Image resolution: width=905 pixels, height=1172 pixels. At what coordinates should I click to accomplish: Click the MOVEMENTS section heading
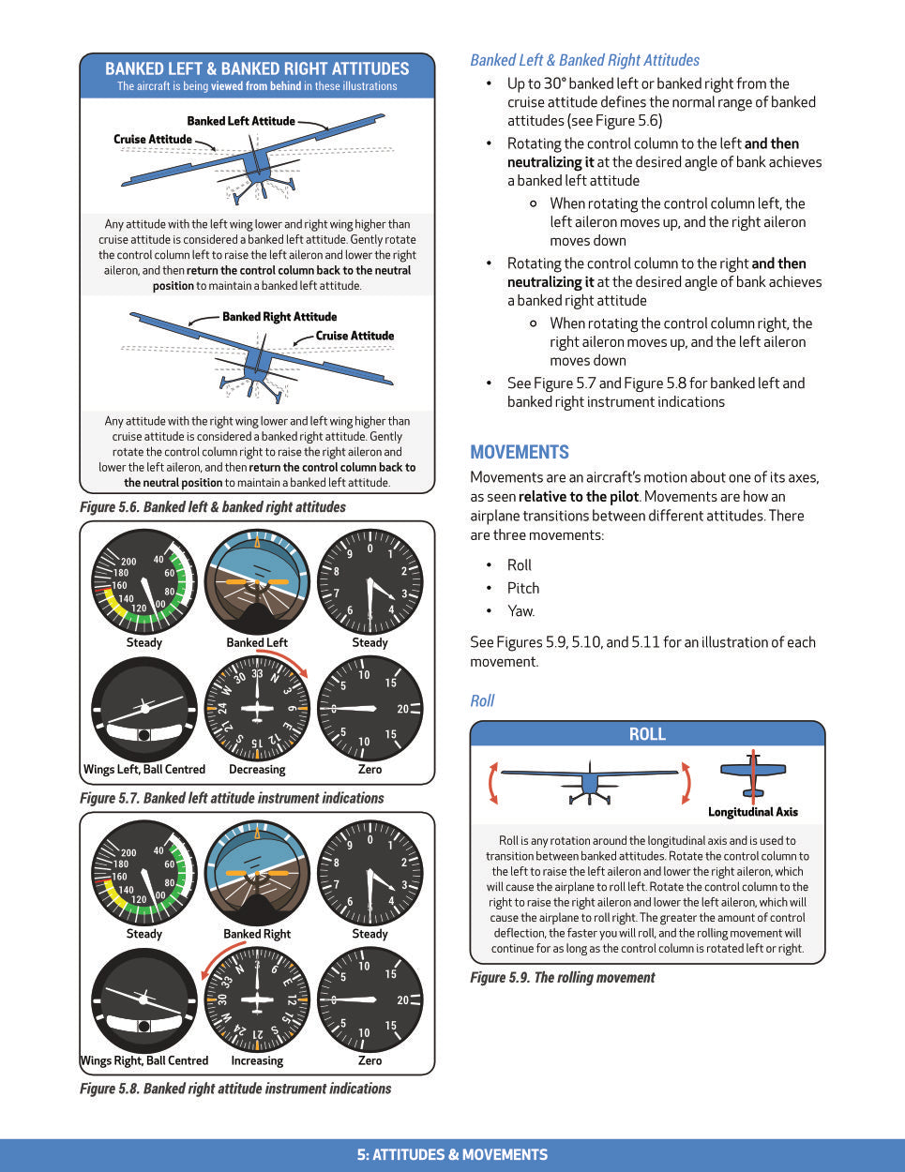coord(520,452)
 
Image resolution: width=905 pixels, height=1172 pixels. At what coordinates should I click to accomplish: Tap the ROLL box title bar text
coord(647,734)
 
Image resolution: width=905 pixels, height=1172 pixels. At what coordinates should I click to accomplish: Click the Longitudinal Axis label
coord(753,812)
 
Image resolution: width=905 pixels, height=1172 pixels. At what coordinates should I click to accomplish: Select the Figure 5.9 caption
coord(563,977)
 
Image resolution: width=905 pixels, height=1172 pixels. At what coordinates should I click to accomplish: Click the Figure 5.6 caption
coord(213,507)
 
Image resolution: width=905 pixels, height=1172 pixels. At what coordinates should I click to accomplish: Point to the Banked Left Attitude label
coord(241,121)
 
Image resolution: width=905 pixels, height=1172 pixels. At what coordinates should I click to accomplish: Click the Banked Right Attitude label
coord(279,317)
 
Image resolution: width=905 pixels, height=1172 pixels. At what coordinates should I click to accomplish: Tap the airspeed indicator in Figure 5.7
coord(144,582)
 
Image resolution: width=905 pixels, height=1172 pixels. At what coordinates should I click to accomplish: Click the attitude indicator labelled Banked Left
coord(257,582)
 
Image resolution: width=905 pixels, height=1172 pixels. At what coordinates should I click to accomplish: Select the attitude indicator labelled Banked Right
coord(257,874)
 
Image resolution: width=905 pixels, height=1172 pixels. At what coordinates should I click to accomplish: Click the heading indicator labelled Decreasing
coord(257,709)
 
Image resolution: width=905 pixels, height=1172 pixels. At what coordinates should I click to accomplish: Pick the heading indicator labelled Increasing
coord(257,1000)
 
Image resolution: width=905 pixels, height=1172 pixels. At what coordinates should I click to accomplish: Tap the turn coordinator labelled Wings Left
coord(144,709)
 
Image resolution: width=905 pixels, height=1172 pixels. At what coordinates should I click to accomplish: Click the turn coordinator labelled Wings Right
coord(144,1000)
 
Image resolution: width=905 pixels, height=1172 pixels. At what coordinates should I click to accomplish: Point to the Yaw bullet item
coord(521,611)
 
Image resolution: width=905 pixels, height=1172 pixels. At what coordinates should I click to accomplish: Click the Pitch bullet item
coord(523,588)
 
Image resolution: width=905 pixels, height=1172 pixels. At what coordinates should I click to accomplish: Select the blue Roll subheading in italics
coord(482,700)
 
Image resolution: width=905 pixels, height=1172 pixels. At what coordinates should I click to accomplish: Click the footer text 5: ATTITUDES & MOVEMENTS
coord(452,1155)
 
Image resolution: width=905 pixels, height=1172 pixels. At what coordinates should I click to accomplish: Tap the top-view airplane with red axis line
coord(753,774)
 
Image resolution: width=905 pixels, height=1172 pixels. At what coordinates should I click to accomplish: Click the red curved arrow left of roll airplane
coord(492,783)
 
